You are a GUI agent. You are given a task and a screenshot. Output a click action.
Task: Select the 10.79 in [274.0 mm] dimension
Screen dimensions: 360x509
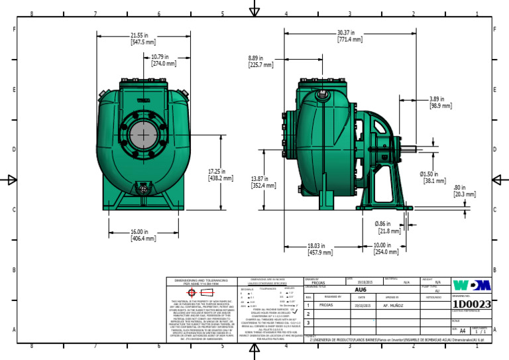164,60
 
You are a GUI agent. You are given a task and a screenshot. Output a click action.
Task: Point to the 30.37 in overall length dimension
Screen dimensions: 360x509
349,36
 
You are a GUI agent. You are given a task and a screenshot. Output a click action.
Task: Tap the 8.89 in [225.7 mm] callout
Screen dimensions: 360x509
260,62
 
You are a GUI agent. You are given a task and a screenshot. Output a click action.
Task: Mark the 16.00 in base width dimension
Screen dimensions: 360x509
143,235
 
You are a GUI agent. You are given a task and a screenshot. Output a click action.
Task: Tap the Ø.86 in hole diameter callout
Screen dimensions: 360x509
388,227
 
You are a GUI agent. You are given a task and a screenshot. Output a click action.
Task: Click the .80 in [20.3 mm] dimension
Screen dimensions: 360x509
464,191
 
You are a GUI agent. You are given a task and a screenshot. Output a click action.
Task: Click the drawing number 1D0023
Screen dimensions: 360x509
471,304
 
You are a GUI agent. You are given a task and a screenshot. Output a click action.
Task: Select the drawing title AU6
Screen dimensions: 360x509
361,290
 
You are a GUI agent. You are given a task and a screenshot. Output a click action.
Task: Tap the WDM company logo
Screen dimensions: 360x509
472,286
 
